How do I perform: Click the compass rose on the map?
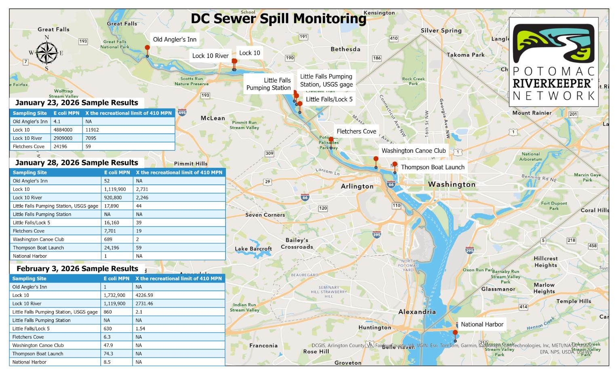[47, 53]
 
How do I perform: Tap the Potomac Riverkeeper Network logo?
[553, 61]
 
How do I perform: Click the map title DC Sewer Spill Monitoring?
[278, 19]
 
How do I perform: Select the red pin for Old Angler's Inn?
[148, 48]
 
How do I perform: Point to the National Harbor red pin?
[455, 333]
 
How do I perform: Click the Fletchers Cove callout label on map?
[356, 131]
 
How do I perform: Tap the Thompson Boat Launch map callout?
[432, 167]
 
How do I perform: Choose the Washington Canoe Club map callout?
[413, 151]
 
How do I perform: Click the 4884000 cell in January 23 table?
[63, 130]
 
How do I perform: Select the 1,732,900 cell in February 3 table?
[114, 295]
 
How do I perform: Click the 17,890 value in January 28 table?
[112, 206]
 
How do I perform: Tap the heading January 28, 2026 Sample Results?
[76, 163]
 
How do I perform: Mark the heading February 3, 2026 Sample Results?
[77, 268]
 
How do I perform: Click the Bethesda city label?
[345, 49]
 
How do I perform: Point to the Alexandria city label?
[417, 312]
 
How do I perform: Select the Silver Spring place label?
[441, 31]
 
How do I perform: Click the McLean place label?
[213, 118]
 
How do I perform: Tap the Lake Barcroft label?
[253, 249]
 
